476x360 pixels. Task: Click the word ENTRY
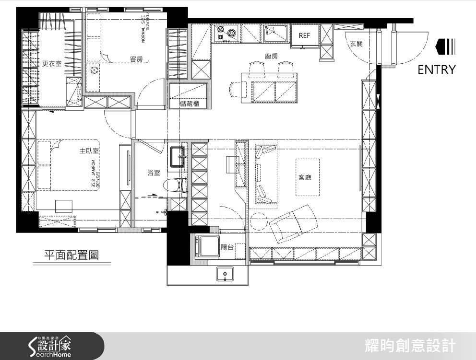coord(436,70)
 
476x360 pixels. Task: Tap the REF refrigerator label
coord(304,35)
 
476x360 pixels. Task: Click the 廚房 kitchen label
coord(271,56)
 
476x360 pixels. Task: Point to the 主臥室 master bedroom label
coord(89,151)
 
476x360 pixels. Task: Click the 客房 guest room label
coord(136,59)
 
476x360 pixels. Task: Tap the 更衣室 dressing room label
coord(52,63)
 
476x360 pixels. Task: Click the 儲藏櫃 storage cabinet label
coord(190,104)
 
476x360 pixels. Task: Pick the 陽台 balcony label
coord(227,247)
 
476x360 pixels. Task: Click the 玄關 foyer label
coord(356,44)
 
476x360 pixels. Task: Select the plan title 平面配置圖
coord(71,255)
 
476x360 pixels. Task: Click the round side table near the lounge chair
coord(259,222)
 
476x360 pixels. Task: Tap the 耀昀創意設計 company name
coord(410,346)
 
